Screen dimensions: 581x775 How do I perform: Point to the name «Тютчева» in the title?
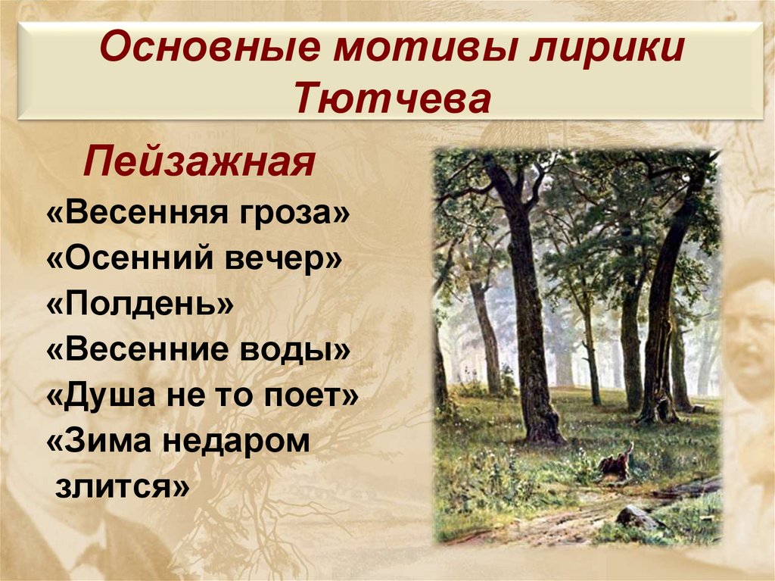tap(391, 98)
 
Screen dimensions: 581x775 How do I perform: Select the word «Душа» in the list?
tap(101, 396)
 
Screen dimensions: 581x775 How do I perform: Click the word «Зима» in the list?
tap(102, 442)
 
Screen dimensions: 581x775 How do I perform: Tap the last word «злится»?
tap(121, 487)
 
